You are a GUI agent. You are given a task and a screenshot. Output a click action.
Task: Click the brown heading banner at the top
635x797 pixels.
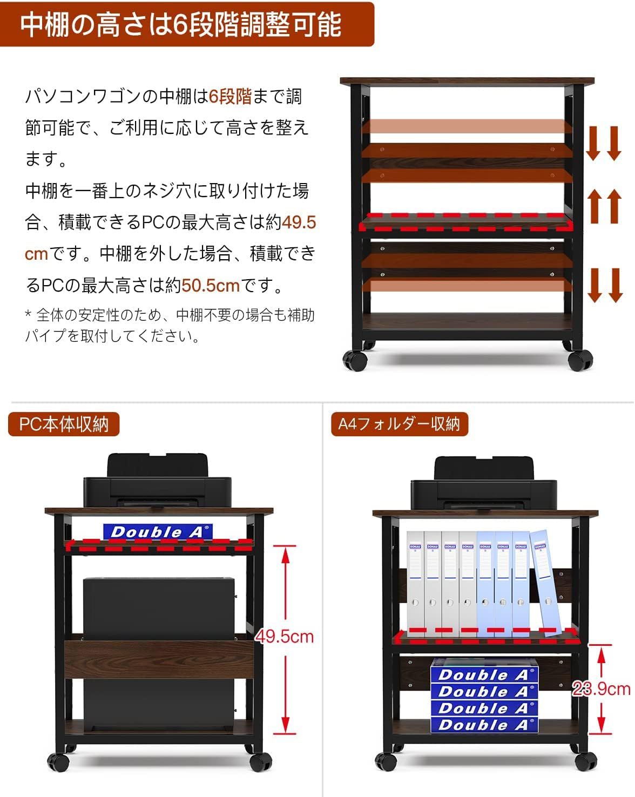186,24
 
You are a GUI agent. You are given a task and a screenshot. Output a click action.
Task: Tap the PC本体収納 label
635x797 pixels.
64,424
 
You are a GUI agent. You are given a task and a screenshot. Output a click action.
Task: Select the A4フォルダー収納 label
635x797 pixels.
399,424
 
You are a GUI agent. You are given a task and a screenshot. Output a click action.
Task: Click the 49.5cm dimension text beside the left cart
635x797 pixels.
285,637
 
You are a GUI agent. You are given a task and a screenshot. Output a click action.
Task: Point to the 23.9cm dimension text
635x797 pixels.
602,688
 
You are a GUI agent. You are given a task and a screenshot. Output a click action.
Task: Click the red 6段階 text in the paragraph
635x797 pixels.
230,97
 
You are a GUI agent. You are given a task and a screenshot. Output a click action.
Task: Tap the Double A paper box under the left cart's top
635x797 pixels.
158,532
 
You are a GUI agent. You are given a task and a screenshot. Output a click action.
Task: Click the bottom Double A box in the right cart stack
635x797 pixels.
484,725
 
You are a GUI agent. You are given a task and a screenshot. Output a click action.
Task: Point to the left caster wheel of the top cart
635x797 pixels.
355,360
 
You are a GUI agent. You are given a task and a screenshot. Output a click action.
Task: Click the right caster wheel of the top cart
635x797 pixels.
580,360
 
